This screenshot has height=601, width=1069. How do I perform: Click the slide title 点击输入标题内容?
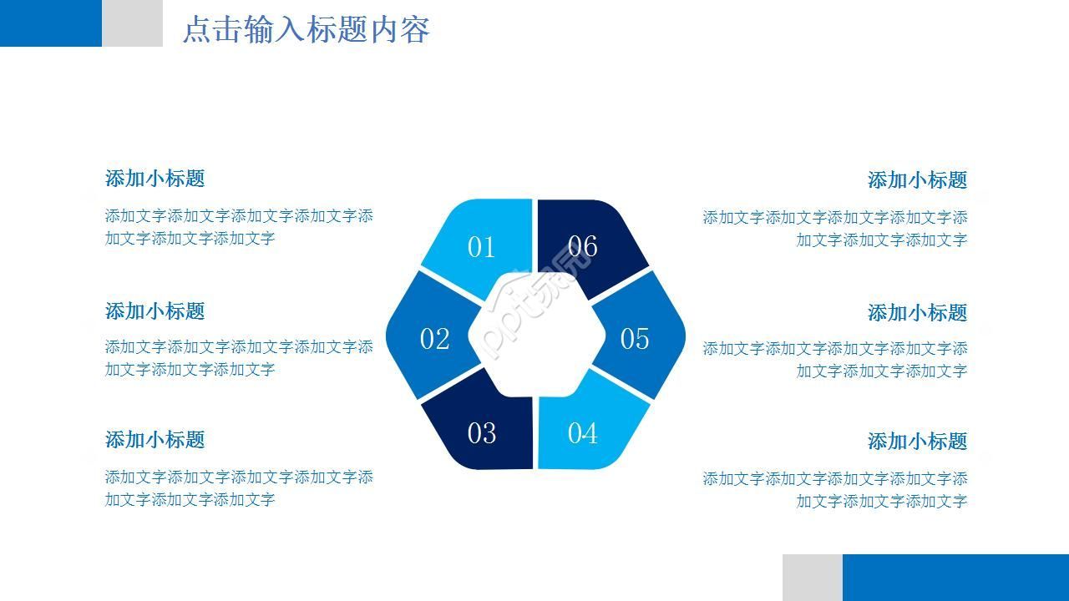[x=306, y=30]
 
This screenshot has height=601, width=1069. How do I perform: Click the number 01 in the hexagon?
[x=481, y=247]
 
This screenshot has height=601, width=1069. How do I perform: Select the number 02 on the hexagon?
[x=434, y=339]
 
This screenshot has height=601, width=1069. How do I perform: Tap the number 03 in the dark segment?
[x=481, y=433]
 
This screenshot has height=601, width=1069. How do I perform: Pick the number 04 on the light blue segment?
[x=582, y=433]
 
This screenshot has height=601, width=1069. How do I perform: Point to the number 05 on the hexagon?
[x=634, y=339]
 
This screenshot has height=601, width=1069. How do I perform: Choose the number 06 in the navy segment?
[x=582, y=246]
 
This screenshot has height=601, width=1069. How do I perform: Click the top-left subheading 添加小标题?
[x=155, y=179]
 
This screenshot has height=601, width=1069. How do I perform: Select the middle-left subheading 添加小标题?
[x=155, y=311]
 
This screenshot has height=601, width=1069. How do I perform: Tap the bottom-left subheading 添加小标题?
[x=155, y=440]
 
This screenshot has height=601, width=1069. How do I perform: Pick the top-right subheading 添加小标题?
[x=917, y=180]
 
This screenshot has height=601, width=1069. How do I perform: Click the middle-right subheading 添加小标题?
[x=917, y=313]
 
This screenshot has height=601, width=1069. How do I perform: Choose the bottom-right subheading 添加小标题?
[x=917, y=442]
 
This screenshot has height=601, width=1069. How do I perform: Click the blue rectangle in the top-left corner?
[x=50, y=23]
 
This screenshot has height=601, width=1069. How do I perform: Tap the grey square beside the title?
[x=132, y=23]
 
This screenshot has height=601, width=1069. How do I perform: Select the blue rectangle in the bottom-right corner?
[x=955, y=578]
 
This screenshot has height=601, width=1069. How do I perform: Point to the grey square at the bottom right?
[x=812, y=578]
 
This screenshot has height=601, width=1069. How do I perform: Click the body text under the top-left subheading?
[x=239, y=227]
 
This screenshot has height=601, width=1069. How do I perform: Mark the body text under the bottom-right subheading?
[x=835, y=490]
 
